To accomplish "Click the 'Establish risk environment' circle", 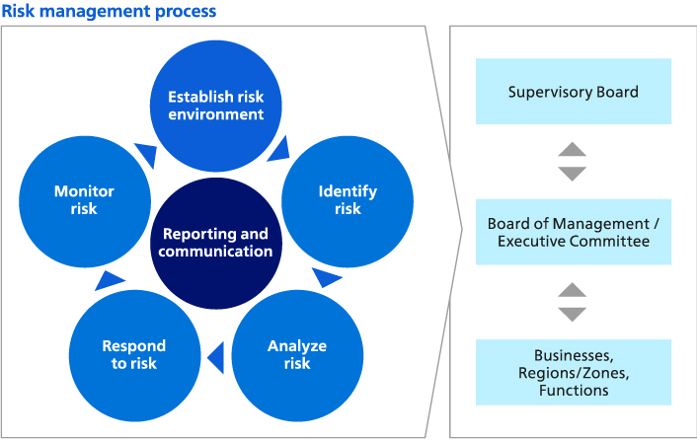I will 216,106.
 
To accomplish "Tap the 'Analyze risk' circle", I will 297,355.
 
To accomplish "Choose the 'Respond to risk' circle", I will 134,355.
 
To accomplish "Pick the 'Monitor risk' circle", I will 84,200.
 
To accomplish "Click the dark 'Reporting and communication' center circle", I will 216,243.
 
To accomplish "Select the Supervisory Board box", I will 573,92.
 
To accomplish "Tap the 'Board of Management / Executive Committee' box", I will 573,232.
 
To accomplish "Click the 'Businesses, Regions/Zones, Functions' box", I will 573,372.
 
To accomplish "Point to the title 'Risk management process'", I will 109,12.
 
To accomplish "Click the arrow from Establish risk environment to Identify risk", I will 277,148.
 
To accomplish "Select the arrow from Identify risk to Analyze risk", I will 328,278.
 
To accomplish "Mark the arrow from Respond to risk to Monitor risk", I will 105,280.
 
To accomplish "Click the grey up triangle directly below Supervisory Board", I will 573,150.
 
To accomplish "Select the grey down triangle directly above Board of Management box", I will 573,174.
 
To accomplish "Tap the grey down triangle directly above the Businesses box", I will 573,314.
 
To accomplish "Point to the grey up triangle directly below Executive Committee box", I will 573,290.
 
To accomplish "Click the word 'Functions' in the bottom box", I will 573,391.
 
